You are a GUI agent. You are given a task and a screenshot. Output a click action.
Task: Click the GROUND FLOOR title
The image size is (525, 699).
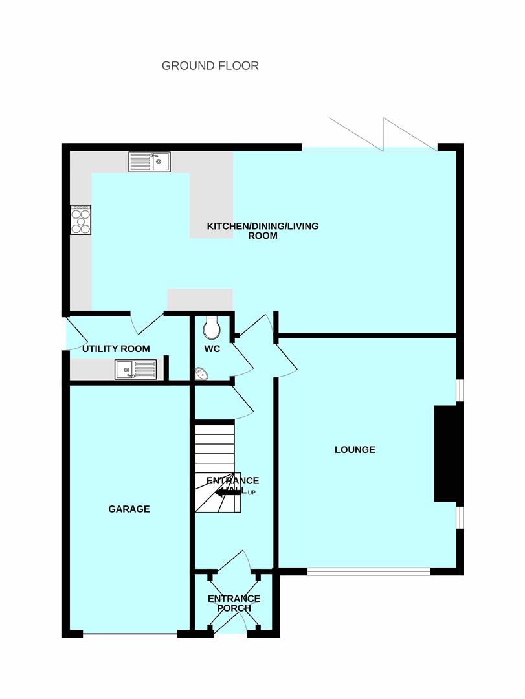tap(210, 66)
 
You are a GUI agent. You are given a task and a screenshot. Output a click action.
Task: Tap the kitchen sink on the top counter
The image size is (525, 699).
tap(150, 162)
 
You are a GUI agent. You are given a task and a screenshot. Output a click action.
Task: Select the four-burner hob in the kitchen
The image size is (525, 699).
tap(81, 219)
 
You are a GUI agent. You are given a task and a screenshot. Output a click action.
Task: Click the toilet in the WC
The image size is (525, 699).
tap(211, 327)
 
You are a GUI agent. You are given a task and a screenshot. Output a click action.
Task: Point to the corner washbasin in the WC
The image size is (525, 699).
tap(201, 373)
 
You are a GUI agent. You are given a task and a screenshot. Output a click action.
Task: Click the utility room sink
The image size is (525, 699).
tap(136, 370)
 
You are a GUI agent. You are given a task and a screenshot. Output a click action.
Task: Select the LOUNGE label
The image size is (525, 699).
tap(355, 450)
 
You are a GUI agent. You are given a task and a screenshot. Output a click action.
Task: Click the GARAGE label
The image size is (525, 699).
tap(129, 509)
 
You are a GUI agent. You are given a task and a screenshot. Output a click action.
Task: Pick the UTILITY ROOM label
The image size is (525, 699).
tap(116, 349)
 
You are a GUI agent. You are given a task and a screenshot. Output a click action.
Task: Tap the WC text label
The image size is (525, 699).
tap(212, 349)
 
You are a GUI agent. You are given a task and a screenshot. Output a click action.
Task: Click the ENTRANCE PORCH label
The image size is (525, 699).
tap(234, 604)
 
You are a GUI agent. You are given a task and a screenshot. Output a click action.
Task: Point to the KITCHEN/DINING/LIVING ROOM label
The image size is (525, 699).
tap(263, 231)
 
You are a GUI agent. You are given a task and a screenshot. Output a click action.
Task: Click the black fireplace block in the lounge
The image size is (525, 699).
tap(446, 454)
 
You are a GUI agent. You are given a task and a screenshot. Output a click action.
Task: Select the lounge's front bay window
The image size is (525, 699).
tap(368, 571)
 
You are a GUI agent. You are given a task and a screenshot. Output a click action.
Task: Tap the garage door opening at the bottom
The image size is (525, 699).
tap(130, 634)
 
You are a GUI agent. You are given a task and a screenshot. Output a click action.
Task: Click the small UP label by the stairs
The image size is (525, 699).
tap(252, 493)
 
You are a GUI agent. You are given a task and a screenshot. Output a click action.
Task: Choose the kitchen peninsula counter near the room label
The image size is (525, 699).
tap(212, 206)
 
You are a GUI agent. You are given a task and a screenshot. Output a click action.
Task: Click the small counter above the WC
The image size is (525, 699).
tap(200, 300)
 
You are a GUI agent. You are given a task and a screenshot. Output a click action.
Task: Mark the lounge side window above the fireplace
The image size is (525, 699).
tap(460, 390)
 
